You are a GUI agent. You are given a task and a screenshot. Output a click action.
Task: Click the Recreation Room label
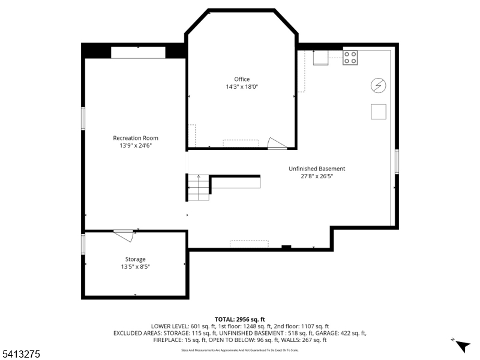click(136, 138)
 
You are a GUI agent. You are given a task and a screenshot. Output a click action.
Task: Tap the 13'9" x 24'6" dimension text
click(136, 146)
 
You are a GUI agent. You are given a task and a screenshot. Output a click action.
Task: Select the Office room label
click(242, 79)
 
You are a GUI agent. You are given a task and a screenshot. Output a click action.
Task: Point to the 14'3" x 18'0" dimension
click(242, 87)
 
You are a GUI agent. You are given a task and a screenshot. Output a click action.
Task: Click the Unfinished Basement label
click(317, 169)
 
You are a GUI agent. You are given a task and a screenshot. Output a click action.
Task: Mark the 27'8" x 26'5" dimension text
click(317, 176)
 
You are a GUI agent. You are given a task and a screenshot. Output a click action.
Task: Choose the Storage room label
click(135, 259)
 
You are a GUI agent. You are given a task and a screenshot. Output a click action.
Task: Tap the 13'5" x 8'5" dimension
click(135, 266)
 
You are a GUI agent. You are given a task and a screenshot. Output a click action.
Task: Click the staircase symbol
click(199, 188)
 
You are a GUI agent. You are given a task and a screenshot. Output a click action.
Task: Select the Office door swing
click(277, 143)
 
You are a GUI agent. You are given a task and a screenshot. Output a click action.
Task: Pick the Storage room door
click(124, 235)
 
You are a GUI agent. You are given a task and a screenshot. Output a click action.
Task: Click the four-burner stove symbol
click(350, 58)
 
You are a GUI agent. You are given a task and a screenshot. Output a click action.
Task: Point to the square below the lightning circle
click(378, 112)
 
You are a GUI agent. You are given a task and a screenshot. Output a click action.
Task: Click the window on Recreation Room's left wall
click(83, 118)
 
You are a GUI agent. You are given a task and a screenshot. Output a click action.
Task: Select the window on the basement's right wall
click(397, 162)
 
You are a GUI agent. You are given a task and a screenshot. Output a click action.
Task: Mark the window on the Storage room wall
click(83, 244)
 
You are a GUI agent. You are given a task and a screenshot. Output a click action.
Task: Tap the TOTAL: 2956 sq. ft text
click(239, 319)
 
